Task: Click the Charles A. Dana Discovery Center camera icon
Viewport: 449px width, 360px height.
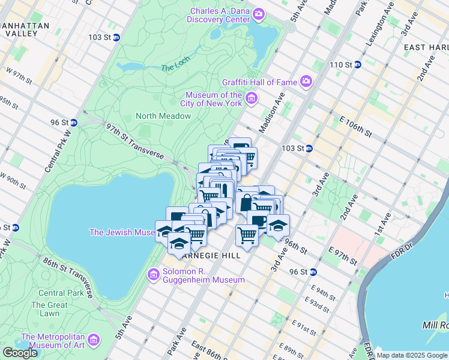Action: pos(259,13)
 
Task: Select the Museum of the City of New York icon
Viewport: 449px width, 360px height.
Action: pos(251,98)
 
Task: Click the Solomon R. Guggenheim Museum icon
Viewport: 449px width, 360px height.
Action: pos(153,275)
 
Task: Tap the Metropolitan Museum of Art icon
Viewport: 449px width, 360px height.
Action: pos(93,341)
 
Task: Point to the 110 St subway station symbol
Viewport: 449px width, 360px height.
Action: pos(357,65)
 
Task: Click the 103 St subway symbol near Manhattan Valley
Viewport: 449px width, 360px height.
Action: pos(116,37)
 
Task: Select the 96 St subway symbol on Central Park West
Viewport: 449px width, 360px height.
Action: pos(74,122)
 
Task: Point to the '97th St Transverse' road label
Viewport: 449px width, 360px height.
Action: pos(134,142)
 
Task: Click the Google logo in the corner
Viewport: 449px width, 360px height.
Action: pos(20,353)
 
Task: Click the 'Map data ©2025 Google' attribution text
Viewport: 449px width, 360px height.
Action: pos(412,355)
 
